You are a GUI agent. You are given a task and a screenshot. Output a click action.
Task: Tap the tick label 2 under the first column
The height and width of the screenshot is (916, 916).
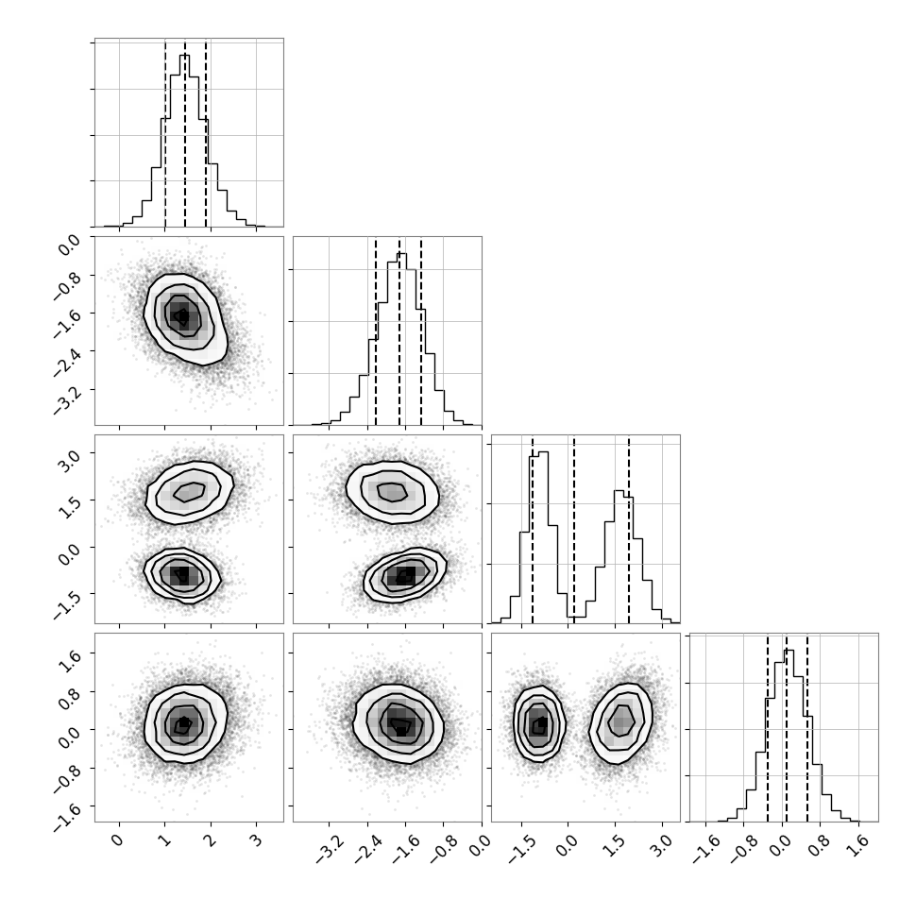click(x=211, y=841)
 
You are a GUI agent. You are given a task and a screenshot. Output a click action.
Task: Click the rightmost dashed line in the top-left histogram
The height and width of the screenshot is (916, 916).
click(x=206, y=134)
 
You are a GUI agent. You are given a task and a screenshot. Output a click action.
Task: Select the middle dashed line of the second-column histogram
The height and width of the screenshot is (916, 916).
click(x=399, y=333)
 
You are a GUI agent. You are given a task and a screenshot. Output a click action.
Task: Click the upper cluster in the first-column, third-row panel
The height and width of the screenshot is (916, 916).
click(x=190, y=492)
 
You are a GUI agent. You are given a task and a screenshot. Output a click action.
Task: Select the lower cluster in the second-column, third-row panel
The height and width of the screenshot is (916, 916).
click(x=405, y=575)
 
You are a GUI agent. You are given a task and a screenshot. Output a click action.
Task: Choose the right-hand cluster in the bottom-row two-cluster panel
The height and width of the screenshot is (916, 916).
click(x=620, y=723)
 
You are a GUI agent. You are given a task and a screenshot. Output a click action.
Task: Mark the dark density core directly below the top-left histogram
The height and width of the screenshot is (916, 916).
click(x=183, y=316)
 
